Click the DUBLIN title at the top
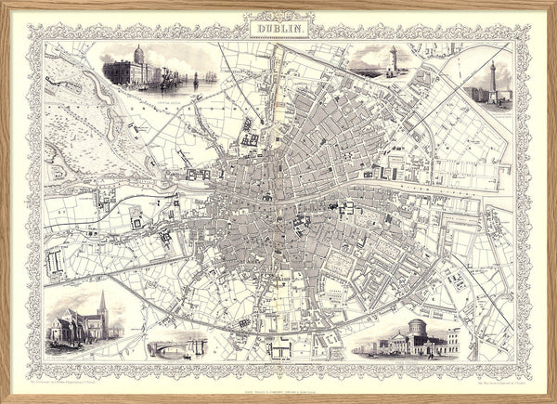(278, 29)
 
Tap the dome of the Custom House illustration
(139, 52)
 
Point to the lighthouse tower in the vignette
(392, 59)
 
